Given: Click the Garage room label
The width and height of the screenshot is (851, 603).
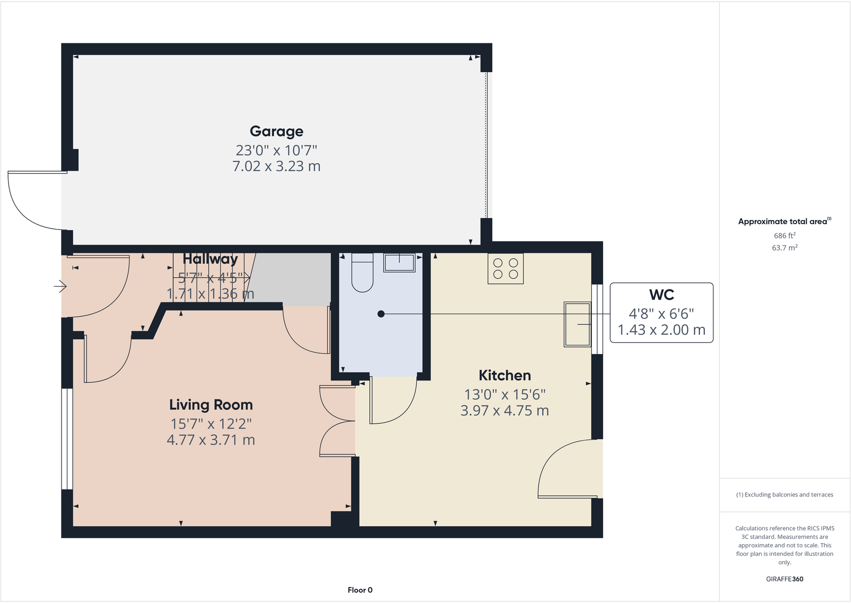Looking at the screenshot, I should tap(276, 131).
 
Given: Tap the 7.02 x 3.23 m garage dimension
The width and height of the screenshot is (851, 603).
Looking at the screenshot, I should tap(276, 166).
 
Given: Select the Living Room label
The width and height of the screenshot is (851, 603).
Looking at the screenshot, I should tap(211, 405).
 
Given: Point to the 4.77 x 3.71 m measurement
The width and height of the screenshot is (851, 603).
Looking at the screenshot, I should tap(211, 440).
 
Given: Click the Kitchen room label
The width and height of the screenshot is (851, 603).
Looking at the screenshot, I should tap(505, 376).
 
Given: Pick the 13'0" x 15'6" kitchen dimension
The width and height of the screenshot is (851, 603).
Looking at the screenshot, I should tap(505, 395).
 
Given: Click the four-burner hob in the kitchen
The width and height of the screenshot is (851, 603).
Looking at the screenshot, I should tap(505, 269).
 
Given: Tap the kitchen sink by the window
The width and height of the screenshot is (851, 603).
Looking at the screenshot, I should tap(577, 324).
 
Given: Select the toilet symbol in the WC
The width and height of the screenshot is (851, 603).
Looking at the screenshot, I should tap(362, 273).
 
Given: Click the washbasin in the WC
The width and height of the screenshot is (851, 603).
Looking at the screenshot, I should tap(399, 263).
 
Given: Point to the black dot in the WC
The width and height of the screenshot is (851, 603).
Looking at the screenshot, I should tap(381, 314).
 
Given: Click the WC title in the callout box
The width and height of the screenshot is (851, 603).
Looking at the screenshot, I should tap(662, 295).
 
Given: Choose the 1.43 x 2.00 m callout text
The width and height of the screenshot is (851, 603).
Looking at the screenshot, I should tap(662, 330).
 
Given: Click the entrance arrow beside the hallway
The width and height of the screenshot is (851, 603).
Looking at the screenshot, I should tap(60, 287).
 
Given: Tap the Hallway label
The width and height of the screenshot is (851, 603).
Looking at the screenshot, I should tap(210, 259).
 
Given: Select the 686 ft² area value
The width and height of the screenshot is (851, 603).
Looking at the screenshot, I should tap(785, 235).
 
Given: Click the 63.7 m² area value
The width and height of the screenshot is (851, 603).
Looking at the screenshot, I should tap(785, 248).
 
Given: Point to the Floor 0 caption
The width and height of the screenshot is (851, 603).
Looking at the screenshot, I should tap(360, 590).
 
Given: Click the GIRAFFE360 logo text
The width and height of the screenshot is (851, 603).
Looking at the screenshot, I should tap(785, 579).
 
